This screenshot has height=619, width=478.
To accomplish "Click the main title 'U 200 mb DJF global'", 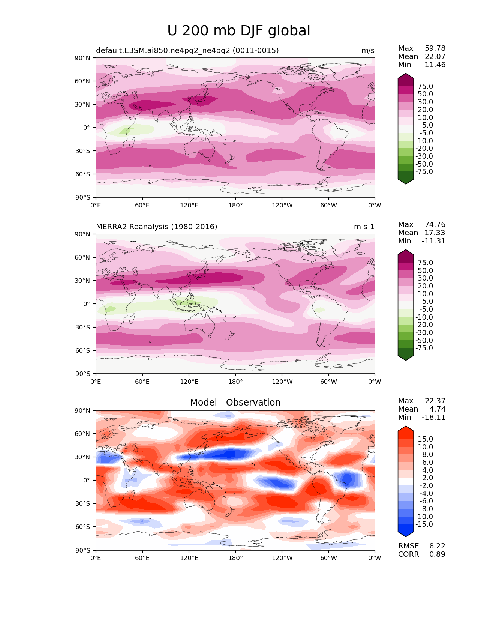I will coord(238,31).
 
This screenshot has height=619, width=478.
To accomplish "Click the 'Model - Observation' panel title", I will coord(235,403).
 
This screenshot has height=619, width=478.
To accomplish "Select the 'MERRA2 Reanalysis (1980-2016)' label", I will coord(156,227).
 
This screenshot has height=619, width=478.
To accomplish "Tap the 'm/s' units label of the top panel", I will coord(367,51).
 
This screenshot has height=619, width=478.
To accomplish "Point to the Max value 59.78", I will coord(435,48).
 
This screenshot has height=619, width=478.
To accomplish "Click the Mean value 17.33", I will coord(435,233).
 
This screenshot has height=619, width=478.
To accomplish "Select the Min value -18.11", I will coord(434,418).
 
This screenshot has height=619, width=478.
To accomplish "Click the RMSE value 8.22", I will coord(437,546).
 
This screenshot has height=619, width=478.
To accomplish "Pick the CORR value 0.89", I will coord(437,554).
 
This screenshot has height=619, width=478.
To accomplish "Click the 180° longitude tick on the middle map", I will coord(235,382).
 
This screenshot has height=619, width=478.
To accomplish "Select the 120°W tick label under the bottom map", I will coord(282,558).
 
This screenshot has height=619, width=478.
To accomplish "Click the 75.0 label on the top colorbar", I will coord(425,87).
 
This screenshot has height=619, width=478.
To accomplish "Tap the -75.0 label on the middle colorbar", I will coord(424,348).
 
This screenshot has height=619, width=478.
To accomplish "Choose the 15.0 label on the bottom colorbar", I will coord(425,439).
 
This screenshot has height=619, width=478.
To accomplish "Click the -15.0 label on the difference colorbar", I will coord(424,524).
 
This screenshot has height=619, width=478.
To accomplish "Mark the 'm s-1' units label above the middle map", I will coord(364,227).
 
